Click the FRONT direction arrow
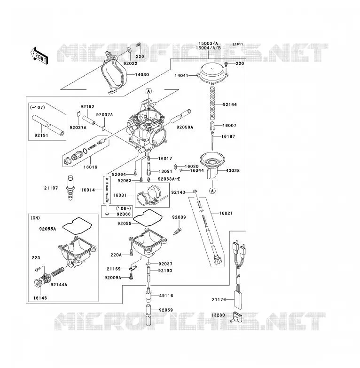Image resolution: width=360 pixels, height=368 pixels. (x=39, y=56)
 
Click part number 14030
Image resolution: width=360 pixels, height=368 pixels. (x=142, y=75)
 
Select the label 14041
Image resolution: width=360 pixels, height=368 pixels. (x=181, y=76)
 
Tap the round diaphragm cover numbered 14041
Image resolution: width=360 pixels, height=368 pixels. (x=212, y=74)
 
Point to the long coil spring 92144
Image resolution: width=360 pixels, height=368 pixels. (x=212, y=102)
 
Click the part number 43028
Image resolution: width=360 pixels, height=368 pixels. (x=233, y=171)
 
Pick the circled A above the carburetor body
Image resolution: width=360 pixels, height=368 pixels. (x=149, y=91)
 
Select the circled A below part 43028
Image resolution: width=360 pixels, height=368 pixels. (x=212, y=191)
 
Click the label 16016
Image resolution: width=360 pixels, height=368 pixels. (x=90, y=167)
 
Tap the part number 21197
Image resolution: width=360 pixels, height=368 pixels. (x=51, y=188)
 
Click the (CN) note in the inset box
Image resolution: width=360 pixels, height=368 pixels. (x=35, y=218)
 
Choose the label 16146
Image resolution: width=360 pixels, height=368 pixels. (x=40, y=298)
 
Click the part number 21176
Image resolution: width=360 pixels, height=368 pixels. (x=219, y=300)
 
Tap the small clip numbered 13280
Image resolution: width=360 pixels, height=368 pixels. (x=236, y=317)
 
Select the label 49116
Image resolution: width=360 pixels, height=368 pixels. (x=166, y=296)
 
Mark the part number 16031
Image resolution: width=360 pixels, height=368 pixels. (x=120, y=195)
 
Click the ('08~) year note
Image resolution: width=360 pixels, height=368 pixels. (x=124, y=208)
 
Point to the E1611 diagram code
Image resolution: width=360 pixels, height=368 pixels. (x=238, y=44)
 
